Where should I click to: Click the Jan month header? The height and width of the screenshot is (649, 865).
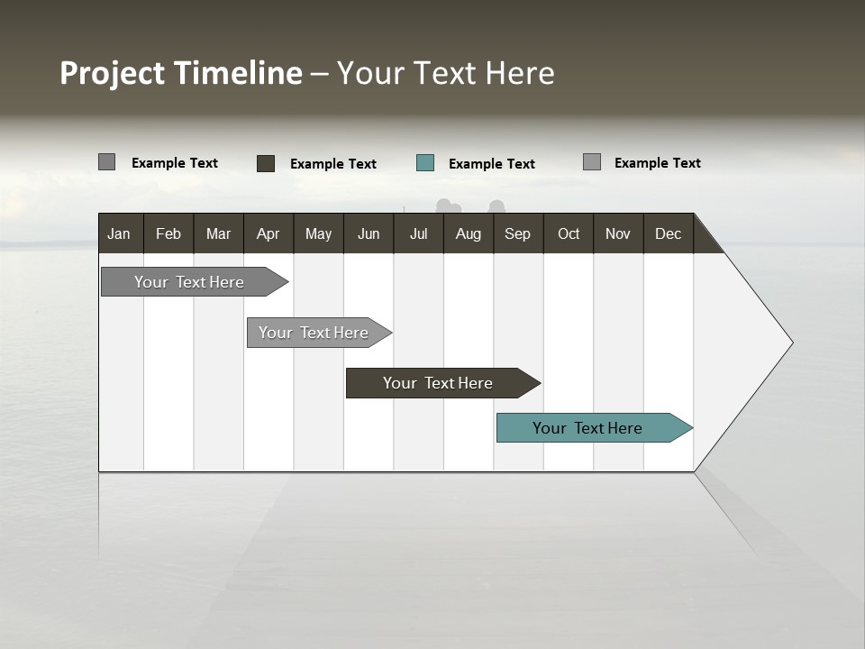(119, 233)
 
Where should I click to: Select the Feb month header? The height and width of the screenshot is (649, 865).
(168, 233)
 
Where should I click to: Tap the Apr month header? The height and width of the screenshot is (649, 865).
(269, 233)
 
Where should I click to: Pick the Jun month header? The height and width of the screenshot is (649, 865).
(369, 233)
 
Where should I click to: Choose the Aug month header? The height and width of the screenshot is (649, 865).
(469, 233)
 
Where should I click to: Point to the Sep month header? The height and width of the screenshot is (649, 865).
(517, 233)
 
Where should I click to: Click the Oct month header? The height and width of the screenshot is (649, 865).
(569, 233)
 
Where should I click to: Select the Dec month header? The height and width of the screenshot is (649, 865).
(669, 233)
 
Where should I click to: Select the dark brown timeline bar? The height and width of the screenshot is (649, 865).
(439, 383)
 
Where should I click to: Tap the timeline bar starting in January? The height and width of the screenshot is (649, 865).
(189, 282)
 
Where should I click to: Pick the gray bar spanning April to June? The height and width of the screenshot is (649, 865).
(314, 333)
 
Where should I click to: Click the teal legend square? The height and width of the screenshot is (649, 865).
(425, 163)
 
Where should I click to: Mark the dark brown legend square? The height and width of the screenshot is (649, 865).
(266, 163)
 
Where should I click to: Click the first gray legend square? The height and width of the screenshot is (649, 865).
(107, 162)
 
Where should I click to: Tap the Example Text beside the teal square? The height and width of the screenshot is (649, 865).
(492, 164)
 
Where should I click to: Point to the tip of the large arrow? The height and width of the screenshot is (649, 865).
(790, 343)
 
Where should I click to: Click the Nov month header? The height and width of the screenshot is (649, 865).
(618, 233)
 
